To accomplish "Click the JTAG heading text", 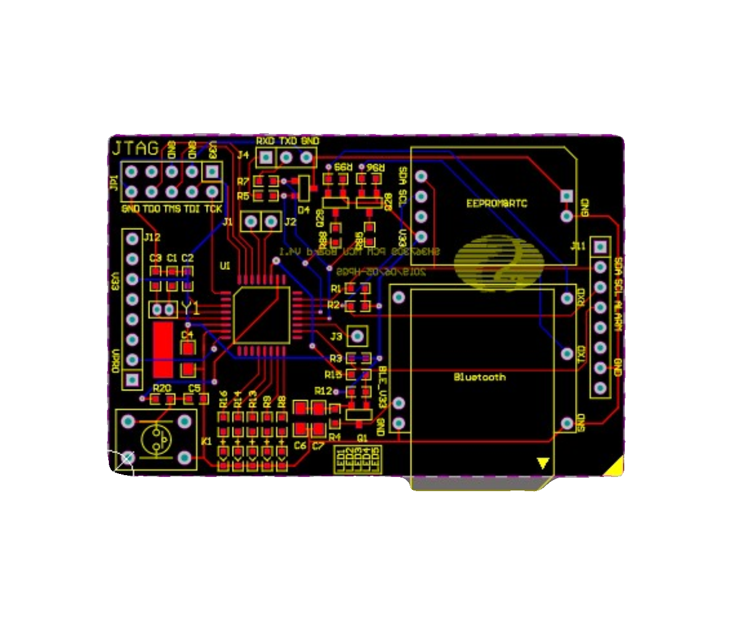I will [x=135, y=148].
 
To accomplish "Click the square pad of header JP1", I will [x=213, y=172].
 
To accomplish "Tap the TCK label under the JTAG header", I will [x=213, y=209].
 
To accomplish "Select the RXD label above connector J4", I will [x=266, y=141].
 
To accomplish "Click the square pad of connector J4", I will [x=266, y=158].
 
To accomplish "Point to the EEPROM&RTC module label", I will [x=497, y=203].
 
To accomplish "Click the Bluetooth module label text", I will [x=480, y=377].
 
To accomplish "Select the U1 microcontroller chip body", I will [x=262, y=314].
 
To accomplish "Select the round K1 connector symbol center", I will [x=156, y=440].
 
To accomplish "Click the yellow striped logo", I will [x=499, y=261].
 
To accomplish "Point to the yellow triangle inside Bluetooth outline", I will [x=542, y=463].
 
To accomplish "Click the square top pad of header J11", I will [x=600, y=246].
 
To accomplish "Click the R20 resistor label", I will [x=162, y=388].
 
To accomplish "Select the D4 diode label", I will [x=303, y=210].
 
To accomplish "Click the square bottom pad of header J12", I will [x=132, y=380].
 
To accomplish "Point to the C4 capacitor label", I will [x=187, y=335].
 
